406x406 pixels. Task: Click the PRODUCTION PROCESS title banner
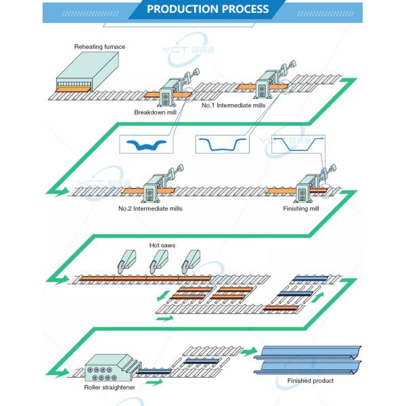[x=207, y=9]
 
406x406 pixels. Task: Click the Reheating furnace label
[x=100, y=47]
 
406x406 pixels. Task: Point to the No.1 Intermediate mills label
[x=231, y=106]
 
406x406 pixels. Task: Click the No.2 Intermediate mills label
[x=150, y=208]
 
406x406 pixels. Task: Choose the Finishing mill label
[x=302, y=208]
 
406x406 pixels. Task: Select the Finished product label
[x=311, y=381]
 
